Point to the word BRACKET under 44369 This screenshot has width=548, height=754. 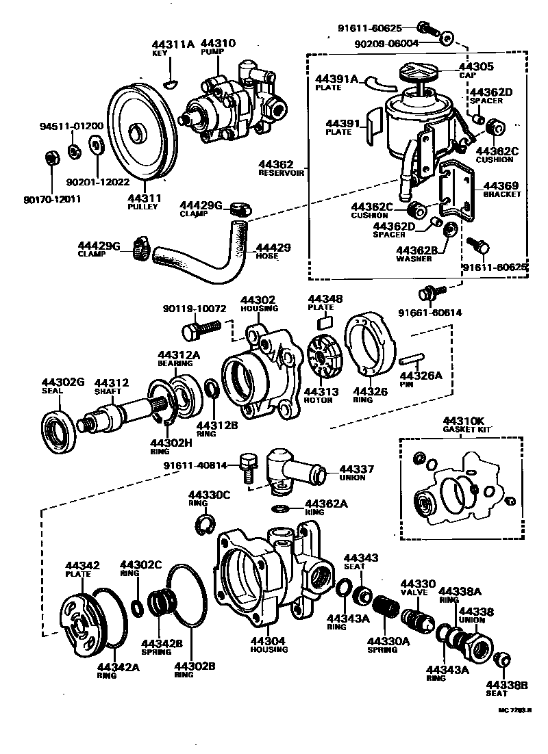502,194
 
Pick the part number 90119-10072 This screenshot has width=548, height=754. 195,309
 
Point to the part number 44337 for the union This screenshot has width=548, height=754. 357,469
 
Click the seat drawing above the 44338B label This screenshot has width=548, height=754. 502,660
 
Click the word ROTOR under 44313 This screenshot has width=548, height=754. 319,400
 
